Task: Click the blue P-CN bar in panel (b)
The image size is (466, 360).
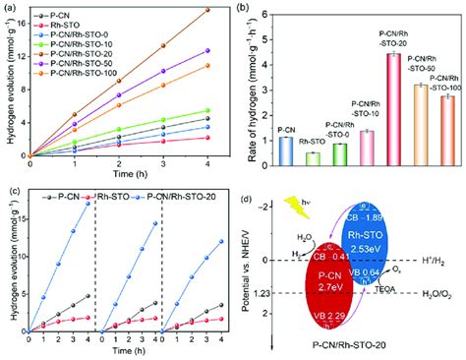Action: coord(285,150)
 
